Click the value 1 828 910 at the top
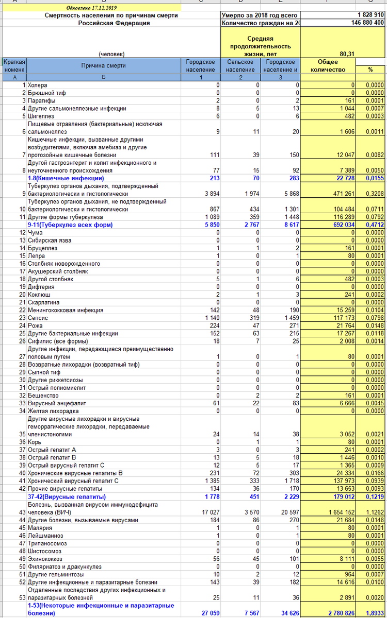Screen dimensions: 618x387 click(x=370, y=15)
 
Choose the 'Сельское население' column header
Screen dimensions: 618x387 click(x=240, y=65)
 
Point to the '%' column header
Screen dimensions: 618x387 click(x=370, y=69)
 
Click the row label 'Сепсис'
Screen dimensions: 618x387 click(x=38, y=318)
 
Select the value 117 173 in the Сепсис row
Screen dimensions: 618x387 click(x=343, y=318)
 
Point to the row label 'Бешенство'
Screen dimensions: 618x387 click(x=43, y=396)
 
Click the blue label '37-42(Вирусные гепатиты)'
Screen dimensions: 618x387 click(x=66, y=497)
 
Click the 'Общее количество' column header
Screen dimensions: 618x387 click(x=328, y=65)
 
